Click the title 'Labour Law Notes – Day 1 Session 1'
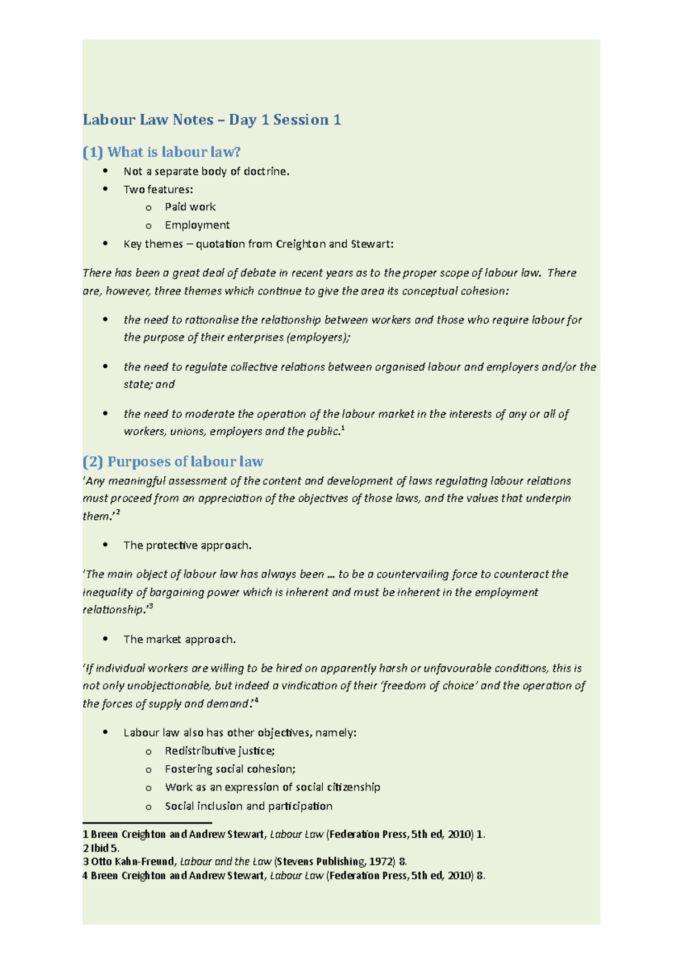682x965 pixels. pos(211,120)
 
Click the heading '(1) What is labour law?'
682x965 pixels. pos(162,152)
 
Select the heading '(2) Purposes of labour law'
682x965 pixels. pos(173,461)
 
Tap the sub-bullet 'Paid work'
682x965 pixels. pos(190,207)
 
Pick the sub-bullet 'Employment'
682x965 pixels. pos(197,225)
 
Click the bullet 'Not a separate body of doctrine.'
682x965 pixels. pos(206,171)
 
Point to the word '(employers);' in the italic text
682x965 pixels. pos(318,338)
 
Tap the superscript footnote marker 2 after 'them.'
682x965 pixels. pos(118,513)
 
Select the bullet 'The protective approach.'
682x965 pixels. pos(187,546)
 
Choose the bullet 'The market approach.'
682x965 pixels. pos(180,639)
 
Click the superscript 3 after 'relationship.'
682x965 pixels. pos(151,607)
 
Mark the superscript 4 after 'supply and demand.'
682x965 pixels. pos(257,701)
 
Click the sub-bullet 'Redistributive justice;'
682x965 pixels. pos(219,751)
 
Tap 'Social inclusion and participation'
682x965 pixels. pos(248,806)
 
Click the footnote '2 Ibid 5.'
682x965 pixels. pos(101,848)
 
